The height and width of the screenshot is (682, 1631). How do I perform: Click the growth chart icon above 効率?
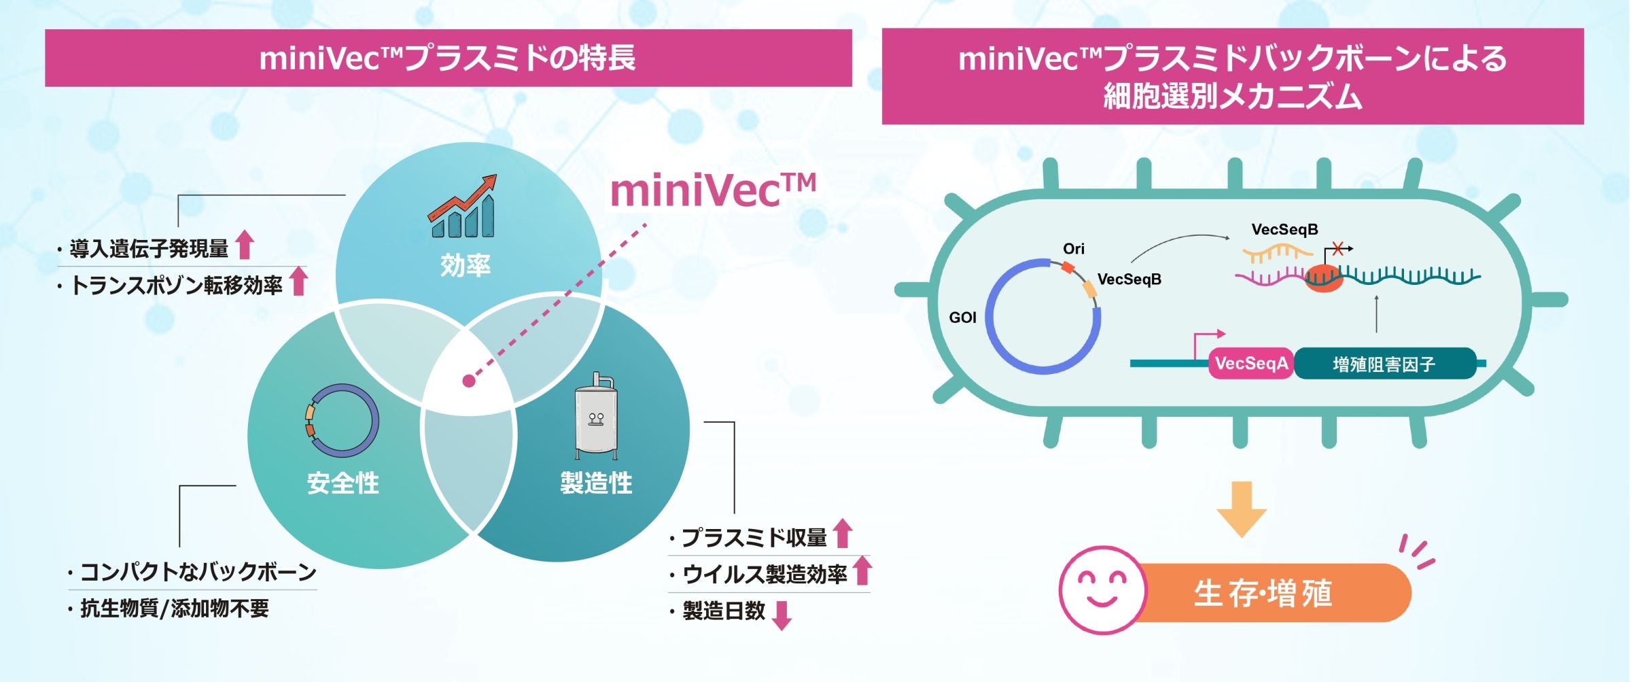coord(463,207)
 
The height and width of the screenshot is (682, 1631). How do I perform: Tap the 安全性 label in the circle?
coord(343,483)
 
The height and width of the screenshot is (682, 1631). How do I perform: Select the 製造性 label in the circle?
coord(596,483)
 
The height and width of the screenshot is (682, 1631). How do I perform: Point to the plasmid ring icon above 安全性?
coord(342,420)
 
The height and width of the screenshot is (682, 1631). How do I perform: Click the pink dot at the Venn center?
coord(469,381)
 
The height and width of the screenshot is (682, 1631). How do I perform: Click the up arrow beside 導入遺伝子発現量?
coord(245,245)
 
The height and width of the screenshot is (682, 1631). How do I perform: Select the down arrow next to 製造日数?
coord(783,615)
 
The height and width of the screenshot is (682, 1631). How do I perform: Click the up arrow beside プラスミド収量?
coord(843,533)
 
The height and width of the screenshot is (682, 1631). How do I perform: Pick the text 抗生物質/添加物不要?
coord(175,608)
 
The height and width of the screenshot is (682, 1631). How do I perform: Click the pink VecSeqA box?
coord(1251,364)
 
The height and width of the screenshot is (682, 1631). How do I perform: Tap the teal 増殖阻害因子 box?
coord(1385,364)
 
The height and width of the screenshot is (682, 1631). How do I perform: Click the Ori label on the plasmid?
coord(1074,249)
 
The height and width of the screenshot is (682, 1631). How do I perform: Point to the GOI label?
coord(962,318)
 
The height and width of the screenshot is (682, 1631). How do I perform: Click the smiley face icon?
coord(1103,590)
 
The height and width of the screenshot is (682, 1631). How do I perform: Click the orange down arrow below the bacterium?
coord(1242,509)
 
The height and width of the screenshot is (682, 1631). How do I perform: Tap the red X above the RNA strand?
coord(1337,249)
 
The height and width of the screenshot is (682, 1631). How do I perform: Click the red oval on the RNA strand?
coord(1324,279)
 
